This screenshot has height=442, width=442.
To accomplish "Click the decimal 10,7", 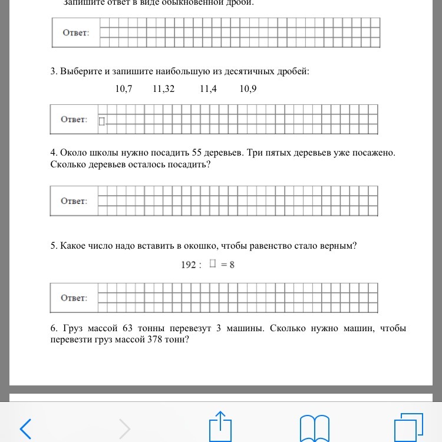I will tap(124, 89).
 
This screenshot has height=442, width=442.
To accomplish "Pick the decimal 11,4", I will tap(208, 89).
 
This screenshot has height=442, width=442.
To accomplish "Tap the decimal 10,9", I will tap(248, 89).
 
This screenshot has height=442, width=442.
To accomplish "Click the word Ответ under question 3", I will tap(74, 120).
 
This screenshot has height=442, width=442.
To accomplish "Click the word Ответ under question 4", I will tap(74, 201).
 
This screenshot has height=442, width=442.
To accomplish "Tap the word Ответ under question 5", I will tap(74, 298).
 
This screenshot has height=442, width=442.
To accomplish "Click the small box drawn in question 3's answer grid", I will tap(101, 121).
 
